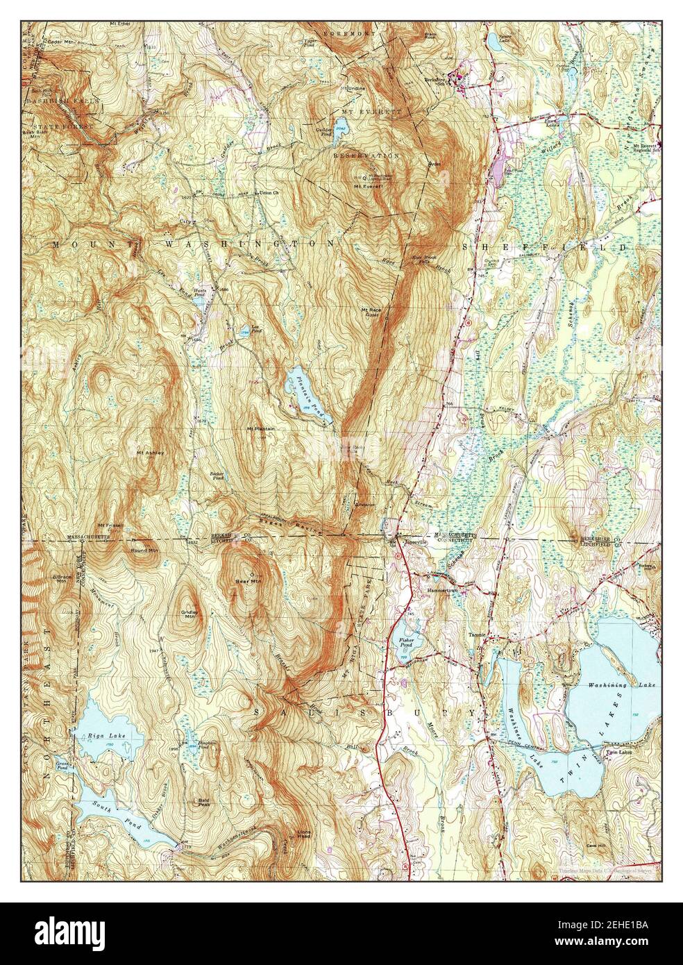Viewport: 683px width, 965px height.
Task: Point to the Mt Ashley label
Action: coord(150,453)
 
